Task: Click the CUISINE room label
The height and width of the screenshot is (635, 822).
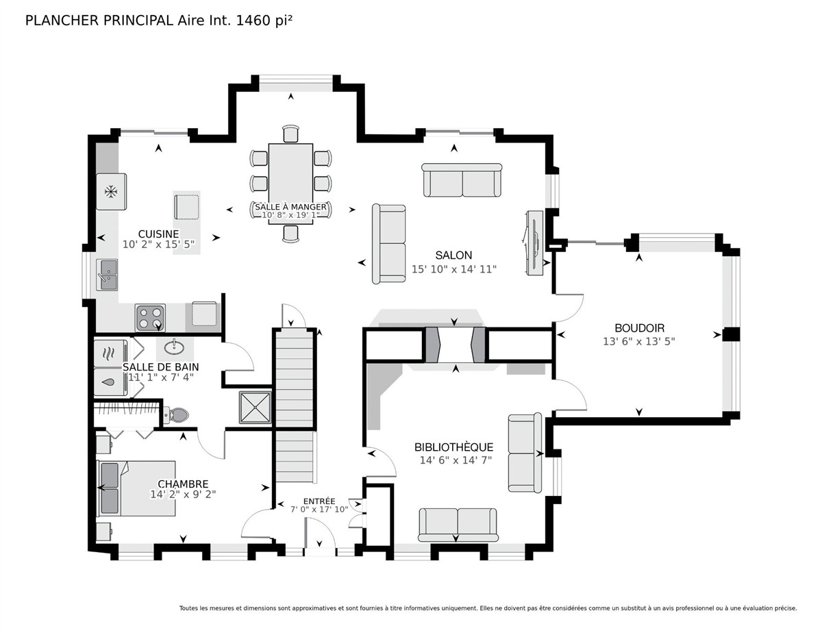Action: point(158,234)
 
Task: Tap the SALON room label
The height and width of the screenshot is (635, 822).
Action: point(453,256)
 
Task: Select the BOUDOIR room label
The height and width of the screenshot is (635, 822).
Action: point(639,328)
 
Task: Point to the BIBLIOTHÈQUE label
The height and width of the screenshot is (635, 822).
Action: point(454,447)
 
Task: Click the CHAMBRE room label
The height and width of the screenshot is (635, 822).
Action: point(183,484)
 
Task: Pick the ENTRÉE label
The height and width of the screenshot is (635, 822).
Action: point(319,501)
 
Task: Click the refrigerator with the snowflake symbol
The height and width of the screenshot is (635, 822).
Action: point(111,191)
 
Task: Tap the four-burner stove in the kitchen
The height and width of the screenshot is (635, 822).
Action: point(150,318)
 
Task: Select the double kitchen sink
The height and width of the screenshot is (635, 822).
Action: point(107,275)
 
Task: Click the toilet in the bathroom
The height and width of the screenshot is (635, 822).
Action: point(175,415)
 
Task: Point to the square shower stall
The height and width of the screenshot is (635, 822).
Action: point(256,408)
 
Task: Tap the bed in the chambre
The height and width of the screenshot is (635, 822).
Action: point(136,488)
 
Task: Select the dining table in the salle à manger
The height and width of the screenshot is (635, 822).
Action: point(290,184)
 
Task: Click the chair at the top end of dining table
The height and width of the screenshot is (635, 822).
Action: point(290,134)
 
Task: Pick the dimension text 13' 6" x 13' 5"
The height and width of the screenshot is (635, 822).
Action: point(639,342)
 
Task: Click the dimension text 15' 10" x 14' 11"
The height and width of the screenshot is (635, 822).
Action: point(454,269)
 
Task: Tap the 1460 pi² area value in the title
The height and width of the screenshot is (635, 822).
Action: point(264,21)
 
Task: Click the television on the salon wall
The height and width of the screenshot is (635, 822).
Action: point(534,242)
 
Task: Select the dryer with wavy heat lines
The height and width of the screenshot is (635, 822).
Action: point(110,353)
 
